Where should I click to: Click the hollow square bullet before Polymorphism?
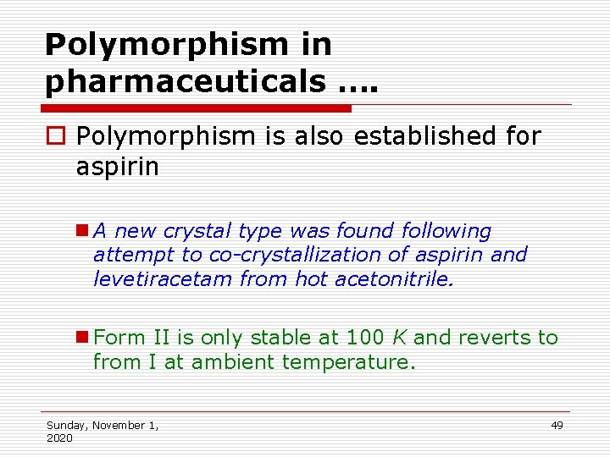(x=58, y=136)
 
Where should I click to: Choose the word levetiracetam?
(x=162, y=278)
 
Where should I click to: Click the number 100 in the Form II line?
(x=365, y=338)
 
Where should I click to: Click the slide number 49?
(x=557, y=425)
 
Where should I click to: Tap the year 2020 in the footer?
(x=59, y=438)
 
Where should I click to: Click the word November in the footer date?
(x=119, y=425)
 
